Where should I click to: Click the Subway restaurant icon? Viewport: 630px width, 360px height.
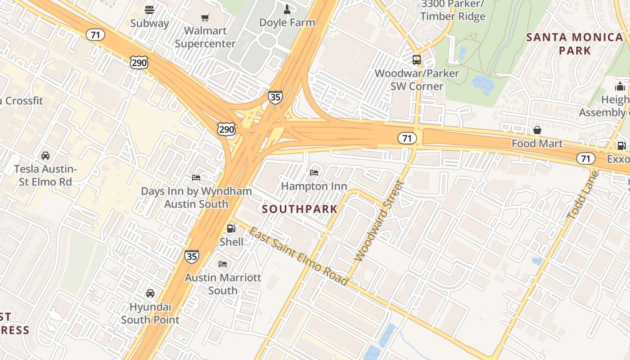coord(149,9)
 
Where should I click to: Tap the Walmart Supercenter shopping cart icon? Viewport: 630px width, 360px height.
coord(205,18)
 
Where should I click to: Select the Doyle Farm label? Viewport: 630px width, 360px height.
coord(287,22)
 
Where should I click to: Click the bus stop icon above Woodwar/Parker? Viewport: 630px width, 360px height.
coord(417,59)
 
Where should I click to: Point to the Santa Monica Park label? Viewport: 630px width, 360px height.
coord(575,44)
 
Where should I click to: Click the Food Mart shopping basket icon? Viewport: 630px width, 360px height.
coord(537,130)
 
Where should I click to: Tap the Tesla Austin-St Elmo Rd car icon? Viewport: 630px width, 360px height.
coord(45,156)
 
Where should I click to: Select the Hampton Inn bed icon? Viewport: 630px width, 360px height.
coord(314,173)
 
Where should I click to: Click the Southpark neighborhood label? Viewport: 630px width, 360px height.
coord(300,209)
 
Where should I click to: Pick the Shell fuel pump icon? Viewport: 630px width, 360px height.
coord(231,229)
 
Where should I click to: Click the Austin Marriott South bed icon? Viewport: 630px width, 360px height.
coord(223,264)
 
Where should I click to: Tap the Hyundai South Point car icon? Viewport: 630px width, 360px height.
coord(150,293)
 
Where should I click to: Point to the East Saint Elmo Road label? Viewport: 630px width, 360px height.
coord(298,256)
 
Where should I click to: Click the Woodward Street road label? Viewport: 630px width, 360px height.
coord(379,221)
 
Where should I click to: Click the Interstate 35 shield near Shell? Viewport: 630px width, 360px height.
coord(191,256)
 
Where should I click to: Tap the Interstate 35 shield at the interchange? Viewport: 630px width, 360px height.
coord(275,97)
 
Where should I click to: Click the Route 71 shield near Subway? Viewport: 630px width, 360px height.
coord(95,35)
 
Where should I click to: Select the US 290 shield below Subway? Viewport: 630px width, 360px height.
coord(139,63)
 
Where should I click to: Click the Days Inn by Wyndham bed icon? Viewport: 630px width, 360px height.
coord(196,178)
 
